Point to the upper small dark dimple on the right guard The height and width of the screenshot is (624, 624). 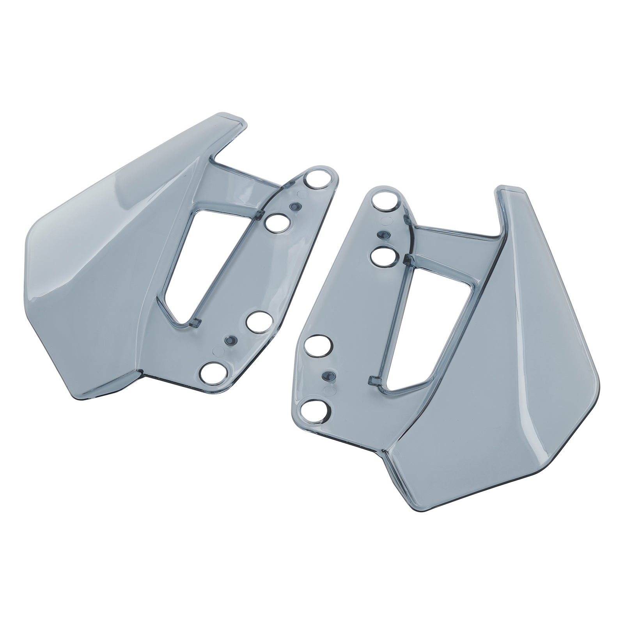click(x=383, y=235)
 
